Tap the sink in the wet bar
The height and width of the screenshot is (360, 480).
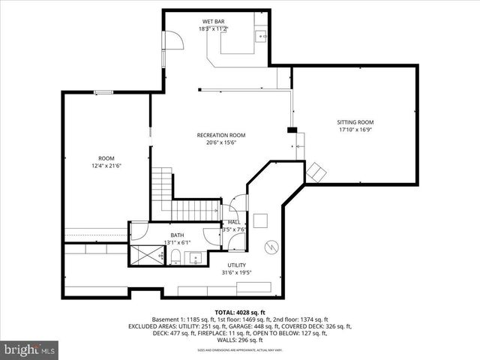coord(262,34)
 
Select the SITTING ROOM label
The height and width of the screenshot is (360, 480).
coord(355,121)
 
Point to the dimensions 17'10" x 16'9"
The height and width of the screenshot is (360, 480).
coord(355,129)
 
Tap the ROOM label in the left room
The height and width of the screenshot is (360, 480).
coord(106,158)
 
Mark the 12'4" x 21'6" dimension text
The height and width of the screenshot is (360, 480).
coord(106,166)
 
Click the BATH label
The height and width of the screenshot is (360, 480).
coord(176,235)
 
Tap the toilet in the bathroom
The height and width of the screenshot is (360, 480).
coord(175,259)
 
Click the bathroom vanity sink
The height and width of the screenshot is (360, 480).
coord(196,259)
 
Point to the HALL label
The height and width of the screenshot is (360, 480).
coord(235,222)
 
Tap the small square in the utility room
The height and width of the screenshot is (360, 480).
coord(261,220)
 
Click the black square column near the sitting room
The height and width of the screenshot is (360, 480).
coord(291,130)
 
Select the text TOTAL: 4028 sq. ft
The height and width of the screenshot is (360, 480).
coord(240,311)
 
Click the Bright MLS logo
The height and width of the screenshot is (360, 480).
coord(30,349)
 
